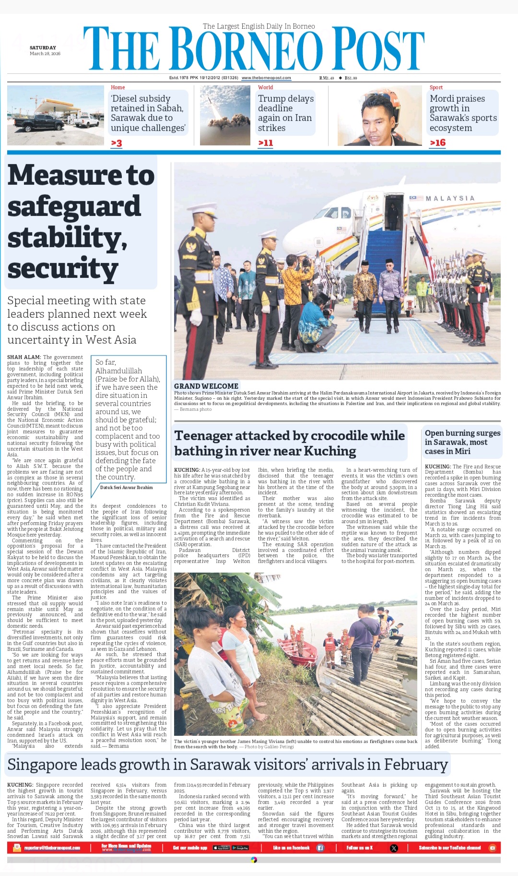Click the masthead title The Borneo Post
[x=254, y=50]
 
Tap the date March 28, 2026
[x=45, y=54]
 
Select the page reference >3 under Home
[x=117, y=143]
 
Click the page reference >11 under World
[x=266, y=143]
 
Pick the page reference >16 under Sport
[x=437, y=143]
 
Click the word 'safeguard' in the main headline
[x=74, y=207]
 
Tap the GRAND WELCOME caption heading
[x=206, y=386]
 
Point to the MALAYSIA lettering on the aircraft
[x=450, y=198]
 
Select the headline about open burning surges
[x=462, y=442]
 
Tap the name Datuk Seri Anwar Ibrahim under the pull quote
[x=127, y=487]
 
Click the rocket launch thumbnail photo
[x=225, y=115]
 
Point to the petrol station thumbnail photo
[x=55, y=115]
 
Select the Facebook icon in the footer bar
[x=320, y=848]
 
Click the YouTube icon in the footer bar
[x=492, y=848]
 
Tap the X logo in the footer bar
[x=394, y=848]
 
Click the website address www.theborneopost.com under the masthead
[x=266, y=78]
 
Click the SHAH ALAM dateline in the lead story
[x=24, y=357]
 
